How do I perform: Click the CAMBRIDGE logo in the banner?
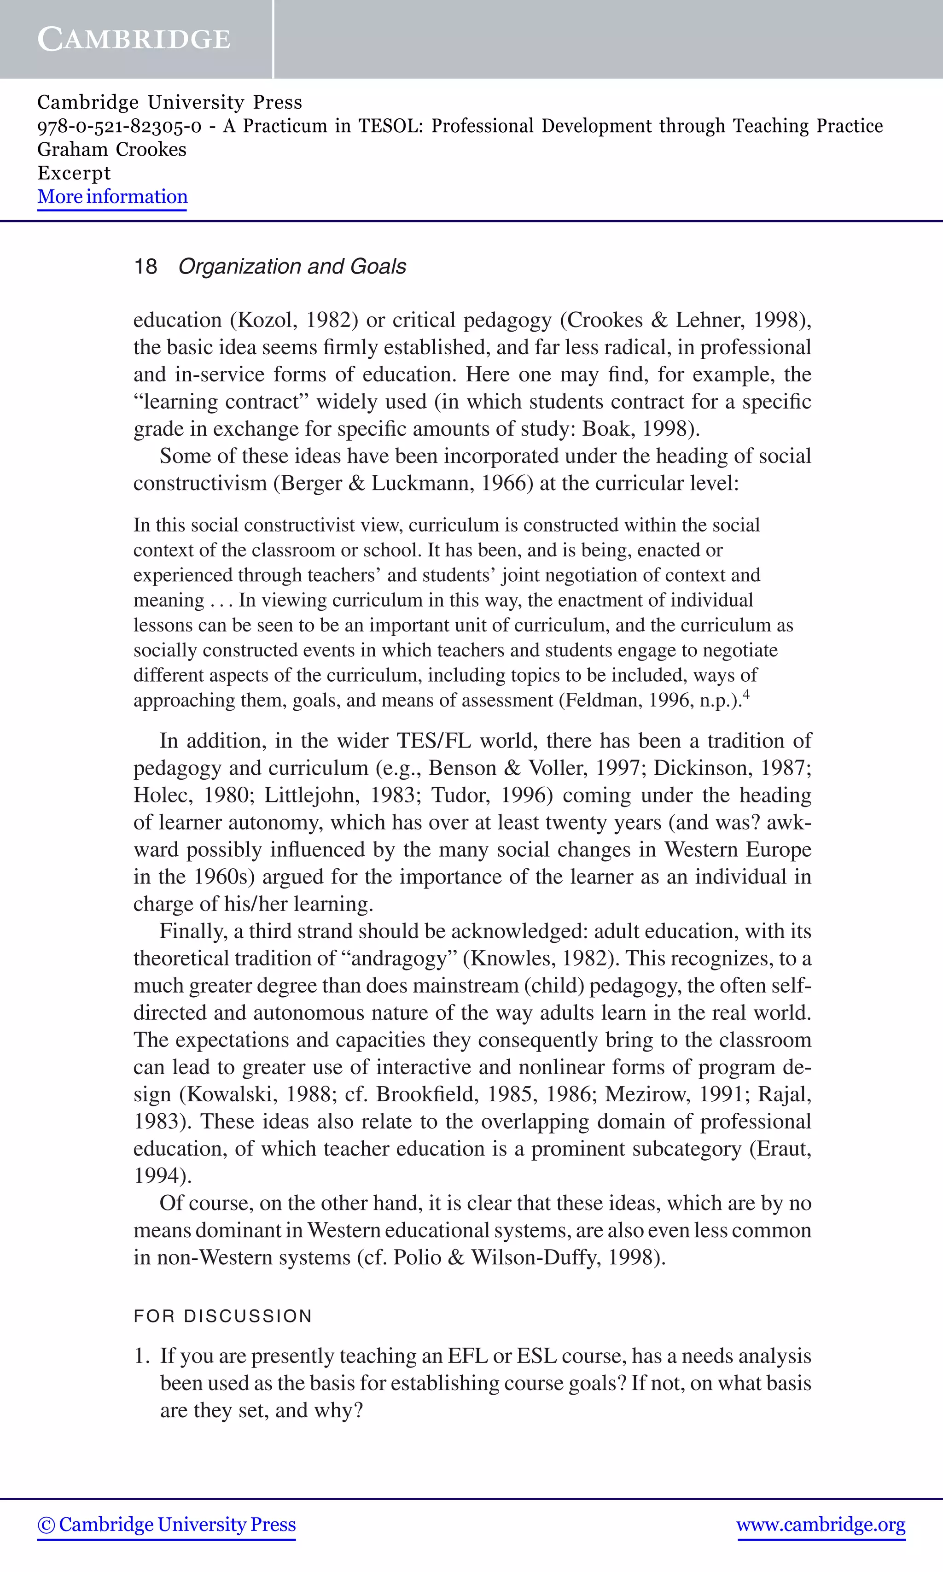(x=134, y=40)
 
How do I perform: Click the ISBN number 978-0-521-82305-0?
(x=119, y=126)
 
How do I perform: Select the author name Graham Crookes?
(x=112, y=149)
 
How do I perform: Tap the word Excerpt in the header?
(x=74, y=173)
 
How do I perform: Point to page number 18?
(x=145, y=266)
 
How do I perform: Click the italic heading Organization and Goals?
(x=292, y=266)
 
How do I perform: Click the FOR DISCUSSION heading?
(x=223, y=1316)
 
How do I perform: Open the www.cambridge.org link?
(x=821, y=1524)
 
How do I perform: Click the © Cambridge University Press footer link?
(x=167, y=1524)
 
